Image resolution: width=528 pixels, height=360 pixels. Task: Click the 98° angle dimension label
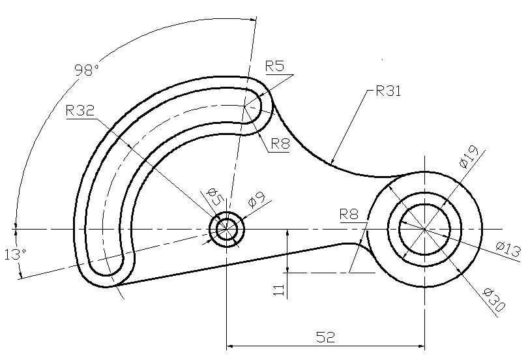point(87,70)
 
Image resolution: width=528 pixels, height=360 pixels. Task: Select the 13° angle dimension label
point(16,254)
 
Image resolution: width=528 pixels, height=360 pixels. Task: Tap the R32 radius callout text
point(80,110)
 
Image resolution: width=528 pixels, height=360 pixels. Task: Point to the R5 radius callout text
point(275,66)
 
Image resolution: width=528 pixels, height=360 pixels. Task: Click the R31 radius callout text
point(389,91)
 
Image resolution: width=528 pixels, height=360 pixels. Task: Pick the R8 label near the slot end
point(280,144)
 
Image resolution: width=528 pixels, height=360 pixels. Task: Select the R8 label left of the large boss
point(349,214)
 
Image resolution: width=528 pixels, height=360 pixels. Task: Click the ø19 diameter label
point(469,157)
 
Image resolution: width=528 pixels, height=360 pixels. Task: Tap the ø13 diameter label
point(508,250)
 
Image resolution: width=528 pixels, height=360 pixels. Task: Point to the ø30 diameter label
point(494,300)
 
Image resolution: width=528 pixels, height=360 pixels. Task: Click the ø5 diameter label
point(215,197)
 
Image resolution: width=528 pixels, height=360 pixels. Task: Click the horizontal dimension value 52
point(326,337)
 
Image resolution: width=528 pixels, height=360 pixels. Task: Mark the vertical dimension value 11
point(279,290)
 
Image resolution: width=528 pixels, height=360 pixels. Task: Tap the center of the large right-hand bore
point(424,229)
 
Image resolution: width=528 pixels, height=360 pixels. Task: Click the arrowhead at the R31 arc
point(332,160)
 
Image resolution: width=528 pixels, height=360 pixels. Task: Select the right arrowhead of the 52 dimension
point(421,346)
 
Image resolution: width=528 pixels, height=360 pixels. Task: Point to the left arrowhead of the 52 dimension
point(230,346)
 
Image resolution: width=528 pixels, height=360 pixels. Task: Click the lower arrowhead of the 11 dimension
point(287,269)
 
